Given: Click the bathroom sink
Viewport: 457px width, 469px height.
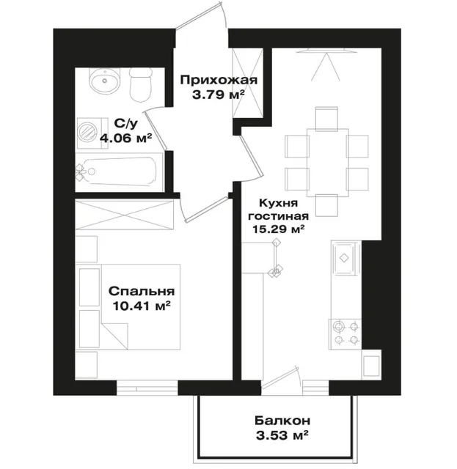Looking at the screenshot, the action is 104,81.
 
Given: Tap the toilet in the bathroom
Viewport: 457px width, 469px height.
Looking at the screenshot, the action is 141,85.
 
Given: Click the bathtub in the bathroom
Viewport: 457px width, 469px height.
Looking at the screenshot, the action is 119,172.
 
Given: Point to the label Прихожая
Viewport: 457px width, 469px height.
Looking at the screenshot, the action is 219,80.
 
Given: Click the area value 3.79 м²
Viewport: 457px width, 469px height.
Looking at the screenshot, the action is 219,95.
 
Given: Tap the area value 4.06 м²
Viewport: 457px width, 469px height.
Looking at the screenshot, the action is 125,138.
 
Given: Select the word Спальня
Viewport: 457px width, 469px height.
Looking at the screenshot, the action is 142,291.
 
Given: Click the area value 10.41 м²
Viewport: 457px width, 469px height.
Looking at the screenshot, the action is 142,306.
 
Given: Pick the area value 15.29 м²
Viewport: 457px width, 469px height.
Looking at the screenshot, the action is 279,229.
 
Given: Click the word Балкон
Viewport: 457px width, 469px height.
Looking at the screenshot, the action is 282,421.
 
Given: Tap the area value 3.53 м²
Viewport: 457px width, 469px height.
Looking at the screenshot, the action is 282,435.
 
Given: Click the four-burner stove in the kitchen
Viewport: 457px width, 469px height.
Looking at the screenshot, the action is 345,334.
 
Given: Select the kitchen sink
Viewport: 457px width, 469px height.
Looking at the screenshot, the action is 345,258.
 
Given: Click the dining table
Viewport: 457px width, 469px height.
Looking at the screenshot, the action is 328,163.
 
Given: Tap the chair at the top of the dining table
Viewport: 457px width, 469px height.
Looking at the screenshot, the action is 326,119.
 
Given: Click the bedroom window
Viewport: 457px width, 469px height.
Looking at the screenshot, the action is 147,388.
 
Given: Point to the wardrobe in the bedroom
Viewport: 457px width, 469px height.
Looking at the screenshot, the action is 124,215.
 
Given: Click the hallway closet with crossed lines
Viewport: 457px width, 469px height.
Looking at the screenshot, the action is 248,83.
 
